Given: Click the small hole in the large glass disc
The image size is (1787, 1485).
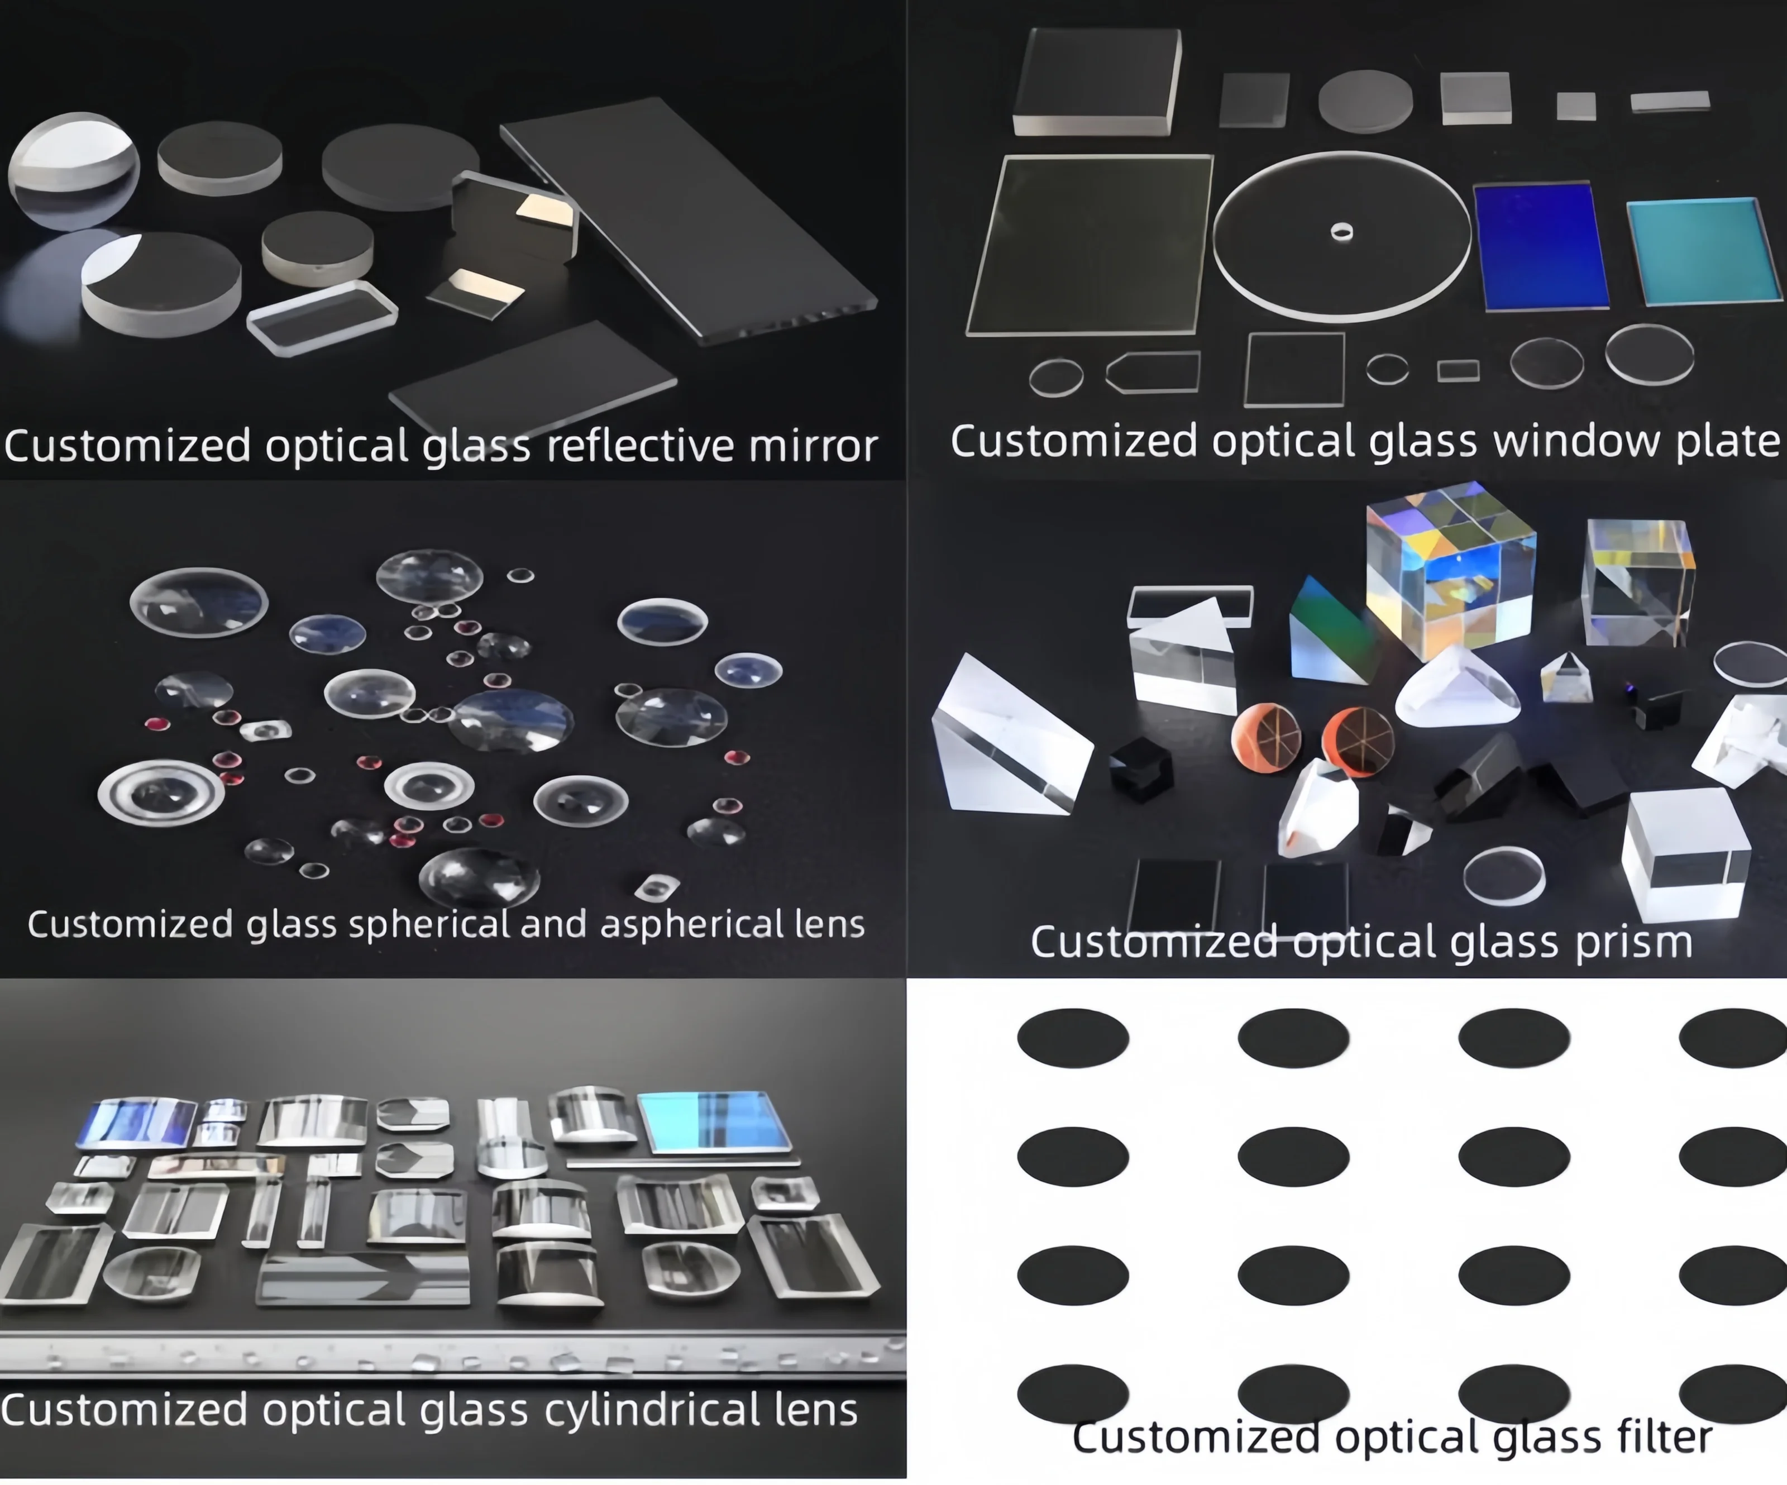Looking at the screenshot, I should pos(1342,231).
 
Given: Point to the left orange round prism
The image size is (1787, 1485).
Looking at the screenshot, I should pos(1266,737).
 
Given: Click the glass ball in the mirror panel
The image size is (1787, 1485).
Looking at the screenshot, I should pos(73,170).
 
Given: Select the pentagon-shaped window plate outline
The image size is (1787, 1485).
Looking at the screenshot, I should pos(1153,372).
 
